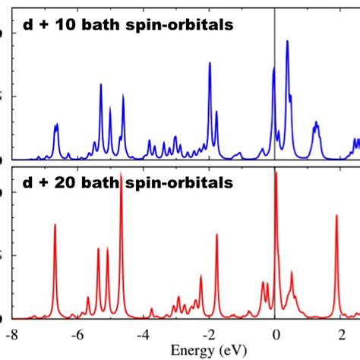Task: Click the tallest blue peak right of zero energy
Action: click(x=287, y=42)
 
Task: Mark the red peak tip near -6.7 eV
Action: click(x=55, y=225)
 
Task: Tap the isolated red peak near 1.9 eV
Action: click(x=337, y=216)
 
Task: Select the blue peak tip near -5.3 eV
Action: click(x=100, y=84)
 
